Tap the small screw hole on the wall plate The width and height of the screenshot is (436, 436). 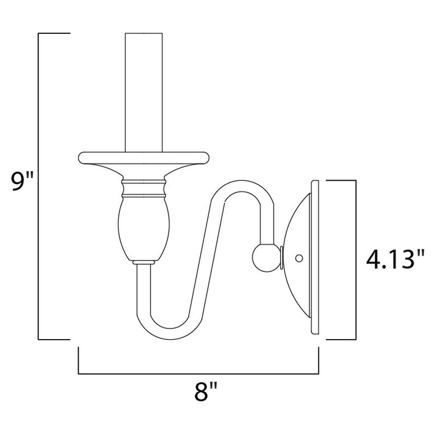tap(298, 256)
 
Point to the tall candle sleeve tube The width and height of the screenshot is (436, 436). tap(145, 93)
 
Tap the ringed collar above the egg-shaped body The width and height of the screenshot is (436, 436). tap(143, 188)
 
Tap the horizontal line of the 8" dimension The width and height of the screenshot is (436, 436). tap(198, 374)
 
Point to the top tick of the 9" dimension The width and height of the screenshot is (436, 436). tap(55, 33)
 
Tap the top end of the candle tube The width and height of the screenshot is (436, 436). tap(145, 34)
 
